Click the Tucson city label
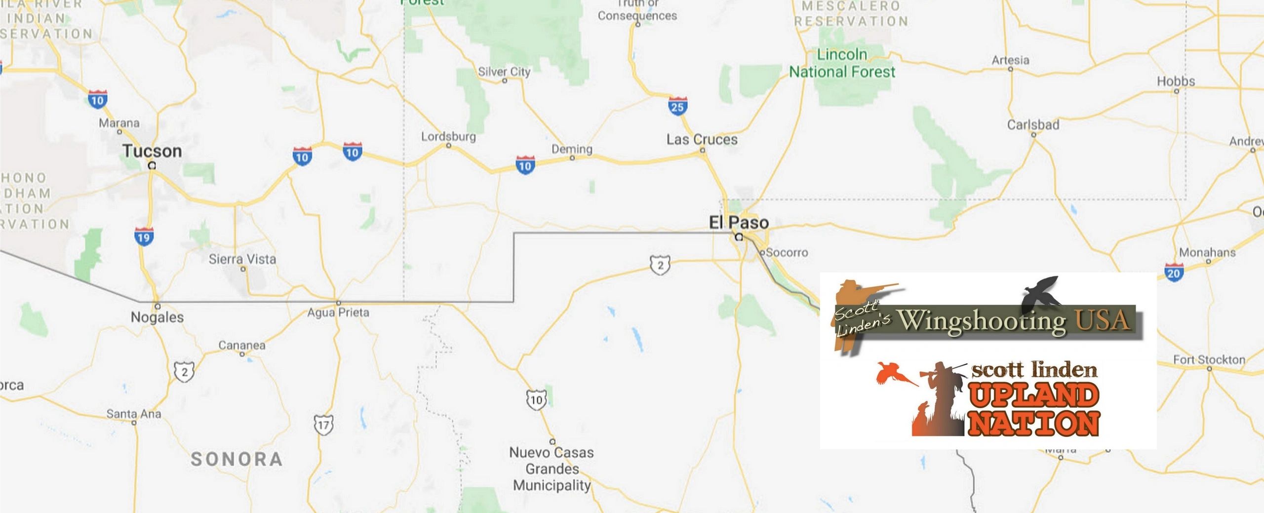coord(152,151)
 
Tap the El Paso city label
coord(739,223)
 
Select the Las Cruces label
coord(702,140)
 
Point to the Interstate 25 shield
coord(677,106)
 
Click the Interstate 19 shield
coord(143,237)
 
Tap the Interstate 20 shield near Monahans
coord(1174,273)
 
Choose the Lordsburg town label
coord(448,136)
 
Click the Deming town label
coord(572,149)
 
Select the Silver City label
coord(504,72)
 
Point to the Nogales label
coord(157,317)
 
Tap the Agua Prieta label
coord(338,313)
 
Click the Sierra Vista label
coord(242,259)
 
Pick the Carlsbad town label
coord(1033,125)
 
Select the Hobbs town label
coord(1176,81)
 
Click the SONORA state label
coord(237,460)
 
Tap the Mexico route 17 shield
coord(323,425)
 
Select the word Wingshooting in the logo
coord(982,321)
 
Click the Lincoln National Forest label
coord(842,63)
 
